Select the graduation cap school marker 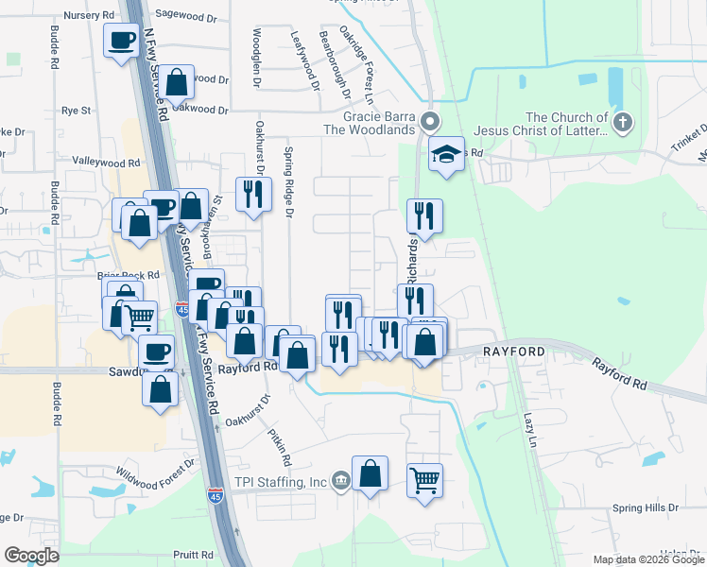coord(446,154)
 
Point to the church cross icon coord(622,121)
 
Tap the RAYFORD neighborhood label coord(514,352)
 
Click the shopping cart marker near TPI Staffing coord(425,480)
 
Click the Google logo coord(31,556)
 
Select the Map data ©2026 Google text coord(647,559)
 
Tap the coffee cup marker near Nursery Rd coord(122,42)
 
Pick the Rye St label coord(76,111)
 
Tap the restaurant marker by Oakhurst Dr coord(251,194)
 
